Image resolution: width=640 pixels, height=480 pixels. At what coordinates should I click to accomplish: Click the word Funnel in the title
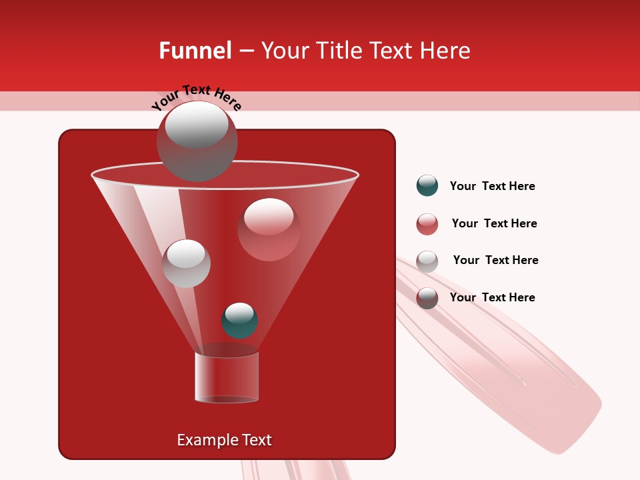(x=195, y=51)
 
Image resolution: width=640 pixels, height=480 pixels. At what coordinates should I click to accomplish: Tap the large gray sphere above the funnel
(x=197, y=140)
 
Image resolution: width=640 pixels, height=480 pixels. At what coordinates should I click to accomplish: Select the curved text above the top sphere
(x=196, y=97)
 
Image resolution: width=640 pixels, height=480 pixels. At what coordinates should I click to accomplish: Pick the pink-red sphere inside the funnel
(x=269, y=229)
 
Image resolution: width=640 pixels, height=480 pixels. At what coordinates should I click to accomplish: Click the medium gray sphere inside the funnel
(x=186, y=263)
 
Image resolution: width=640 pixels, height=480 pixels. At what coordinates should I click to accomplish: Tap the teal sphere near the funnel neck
(x=239, y=320)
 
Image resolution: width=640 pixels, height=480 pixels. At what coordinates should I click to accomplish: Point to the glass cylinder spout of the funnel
(x=226, y=377)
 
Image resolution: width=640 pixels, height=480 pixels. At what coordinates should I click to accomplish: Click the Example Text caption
(x=224, y=440)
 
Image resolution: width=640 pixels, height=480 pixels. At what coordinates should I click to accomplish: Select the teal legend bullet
(x=427, y=186)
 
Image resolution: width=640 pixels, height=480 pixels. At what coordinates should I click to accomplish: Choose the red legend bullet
(x=427, y=224)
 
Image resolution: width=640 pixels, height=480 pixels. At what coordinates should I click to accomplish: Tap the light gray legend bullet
(x=427, y=261)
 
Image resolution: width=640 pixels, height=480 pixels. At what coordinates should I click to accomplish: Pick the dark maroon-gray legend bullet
(x=427, y=298)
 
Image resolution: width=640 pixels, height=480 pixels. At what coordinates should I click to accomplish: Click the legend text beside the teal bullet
(x=492, y=186)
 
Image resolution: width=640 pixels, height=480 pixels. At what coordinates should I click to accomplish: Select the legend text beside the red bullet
(x=494, y=223)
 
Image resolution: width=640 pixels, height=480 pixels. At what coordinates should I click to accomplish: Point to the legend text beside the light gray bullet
(x=495, y=260)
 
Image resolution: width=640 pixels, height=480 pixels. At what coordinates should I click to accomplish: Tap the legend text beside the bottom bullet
(x=492, y=297)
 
